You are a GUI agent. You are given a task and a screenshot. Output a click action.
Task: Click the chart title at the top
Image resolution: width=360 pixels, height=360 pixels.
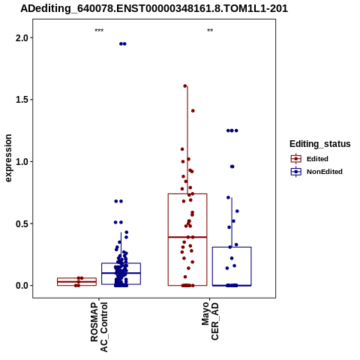[154, 9]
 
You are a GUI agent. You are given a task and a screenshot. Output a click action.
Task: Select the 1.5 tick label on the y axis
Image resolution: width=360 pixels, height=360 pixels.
[21, 100]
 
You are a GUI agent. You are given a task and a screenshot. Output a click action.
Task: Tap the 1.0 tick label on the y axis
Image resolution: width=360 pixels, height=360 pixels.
[21, 162]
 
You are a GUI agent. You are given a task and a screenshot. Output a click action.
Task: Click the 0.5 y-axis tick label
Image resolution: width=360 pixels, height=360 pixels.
[21, 223]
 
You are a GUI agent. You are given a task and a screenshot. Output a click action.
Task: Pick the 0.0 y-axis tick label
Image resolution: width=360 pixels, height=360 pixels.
[21, 286]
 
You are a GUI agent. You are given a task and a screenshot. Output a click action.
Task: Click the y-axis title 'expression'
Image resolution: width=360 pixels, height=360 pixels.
[8, 158]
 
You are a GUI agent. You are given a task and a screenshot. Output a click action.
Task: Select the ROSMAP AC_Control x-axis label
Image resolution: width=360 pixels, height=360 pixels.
[99, 327]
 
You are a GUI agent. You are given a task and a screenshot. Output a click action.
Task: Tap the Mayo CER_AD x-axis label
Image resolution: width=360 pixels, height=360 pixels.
[210, 321]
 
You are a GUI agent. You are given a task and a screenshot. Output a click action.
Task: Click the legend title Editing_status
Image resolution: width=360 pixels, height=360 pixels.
[320, 144]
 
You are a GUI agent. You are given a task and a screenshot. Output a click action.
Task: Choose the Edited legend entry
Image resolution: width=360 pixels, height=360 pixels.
[310, 159]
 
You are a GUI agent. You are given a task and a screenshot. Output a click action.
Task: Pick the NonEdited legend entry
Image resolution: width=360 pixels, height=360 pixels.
[316, 172]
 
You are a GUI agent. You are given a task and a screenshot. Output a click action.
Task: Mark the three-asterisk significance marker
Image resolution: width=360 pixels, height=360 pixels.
[99, 31]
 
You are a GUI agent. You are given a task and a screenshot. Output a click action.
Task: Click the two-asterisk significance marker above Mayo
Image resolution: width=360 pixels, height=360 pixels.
[210, 31]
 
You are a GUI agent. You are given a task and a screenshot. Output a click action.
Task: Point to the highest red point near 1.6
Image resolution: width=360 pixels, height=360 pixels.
[185, 86]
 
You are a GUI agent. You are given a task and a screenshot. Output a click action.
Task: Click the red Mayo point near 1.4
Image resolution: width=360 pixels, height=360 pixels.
[193, 111]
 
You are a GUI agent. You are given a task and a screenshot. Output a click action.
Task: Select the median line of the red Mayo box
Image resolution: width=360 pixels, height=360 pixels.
[187, 237]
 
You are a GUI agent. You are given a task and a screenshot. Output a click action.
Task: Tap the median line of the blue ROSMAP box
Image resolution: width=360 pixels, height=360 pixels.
[121, 273]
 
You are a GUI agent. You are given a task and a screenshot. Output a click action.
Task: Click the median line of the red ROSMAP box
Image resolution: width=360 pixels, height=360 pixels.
[76, 282]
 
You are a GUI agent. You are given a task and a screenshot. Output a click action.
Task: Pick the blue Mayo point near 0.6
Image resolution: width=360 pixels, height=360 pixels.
[237, 211]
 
